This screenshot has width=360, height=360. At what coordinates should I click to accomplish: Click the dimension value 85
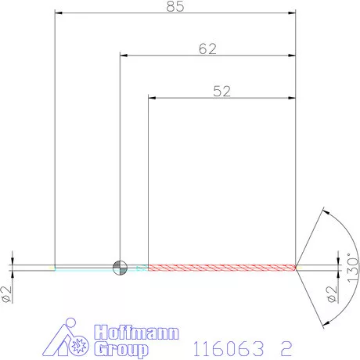click(x=175, y=7)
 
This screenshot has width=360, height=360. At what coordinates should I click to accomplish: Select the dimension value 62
click(x=207, y=49)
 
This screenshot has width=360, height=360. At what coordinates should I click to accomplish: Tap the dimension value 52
click(x=221, y=91)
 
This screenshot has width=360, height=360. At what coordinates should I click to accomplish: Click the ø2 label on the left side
click(x=7, y=293)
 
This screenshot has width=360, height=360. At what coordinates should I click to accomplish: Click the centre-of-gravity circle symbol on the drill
click(x=120, y=267)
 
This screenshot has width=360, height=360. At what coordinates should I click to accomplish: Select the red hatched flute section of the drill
click(x=221, y=267)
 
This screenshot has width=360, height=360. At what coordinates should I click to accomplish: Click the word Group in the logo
click(x=121, y=349)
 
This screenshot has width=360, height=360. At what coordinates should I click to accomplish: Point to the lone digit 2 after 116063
click(x=288, y=346)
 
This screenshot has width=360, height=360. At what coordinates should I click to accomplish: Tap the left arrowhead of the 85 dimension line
click(x=58, y=13)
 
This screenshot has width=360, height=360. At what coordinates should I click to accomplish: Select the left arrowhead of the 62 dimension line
click(x=123, y=56)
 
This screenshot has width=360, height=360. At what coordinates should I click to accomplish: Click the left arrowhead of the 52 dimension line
click(x=152, y=98)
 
